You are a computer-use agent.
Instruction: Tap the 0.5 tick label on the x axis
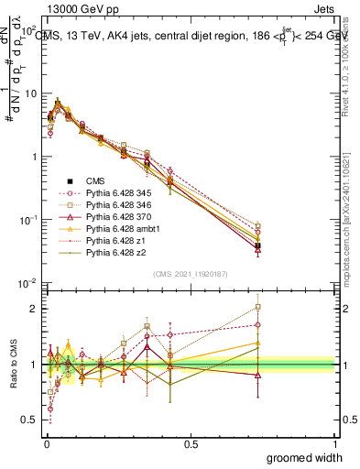[x=190, y=443]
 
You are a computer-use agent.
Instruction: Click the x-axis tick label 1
[x=334, y=443]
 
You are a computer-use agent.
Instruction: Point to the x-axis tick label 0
[x=46, y=443]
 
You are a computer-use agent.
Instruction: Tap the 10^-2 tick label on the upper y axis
[x=28, y=283]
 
